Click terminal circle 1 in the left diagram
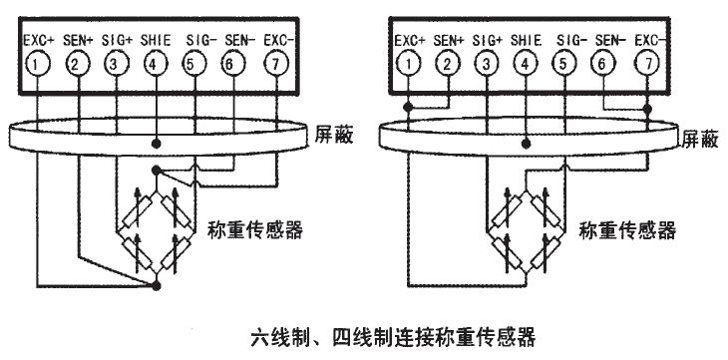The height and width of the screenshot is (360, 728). click(37, 64)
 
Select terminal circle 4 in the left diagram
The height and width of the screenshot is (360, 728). click(155, 64)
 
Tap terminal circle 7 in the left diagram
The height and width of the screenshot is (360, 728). click(274, 64)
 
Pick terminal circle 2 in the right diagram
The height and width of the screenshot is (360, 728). click(449, 64)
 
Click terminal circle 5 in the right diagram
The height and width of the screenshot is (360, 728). click(564, 64)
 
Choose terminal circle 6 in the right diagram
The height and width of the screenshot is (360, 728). click(603, 64)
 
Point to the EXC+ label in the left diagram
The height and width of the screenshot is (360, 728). click(37, 40)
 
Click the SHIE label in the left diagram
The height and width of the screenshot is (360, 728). click(155, 40)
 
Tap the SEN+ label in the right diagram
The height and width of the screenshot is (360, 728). click(449, 40)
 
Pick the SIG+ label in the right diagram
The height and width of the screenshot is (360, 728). click(488, 40)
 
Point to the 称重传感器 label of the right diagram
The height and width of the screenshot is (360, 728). click(627, 228)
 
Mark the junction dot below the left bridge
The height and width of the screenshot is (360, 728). click(156, 286)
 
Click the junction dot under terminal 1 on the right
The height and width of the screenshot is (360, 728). click(407, 105)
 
